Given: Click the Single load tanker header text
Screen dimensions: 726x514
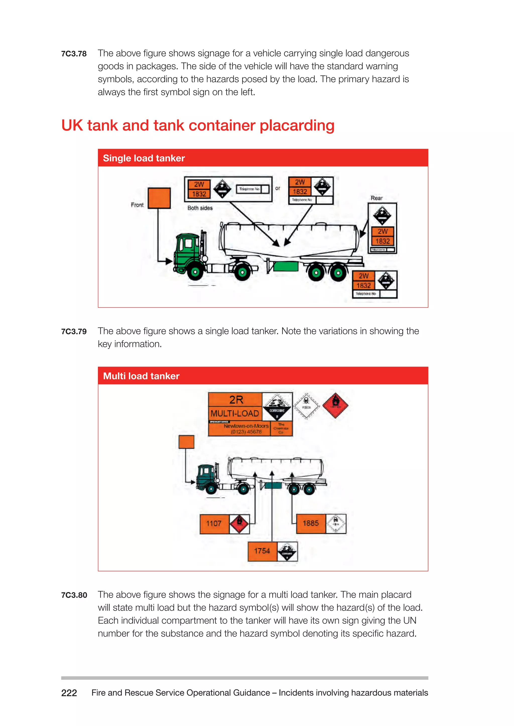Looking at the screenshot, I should coord(144,158).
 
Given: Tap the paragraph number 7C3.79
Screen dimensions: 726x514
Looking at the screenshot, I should coord(74,332).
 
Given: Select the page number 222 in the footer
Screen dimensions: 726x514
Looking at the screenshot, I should coord(69,693).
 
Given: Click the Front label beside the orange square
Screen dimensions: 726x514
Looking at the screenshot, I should coord(137,205).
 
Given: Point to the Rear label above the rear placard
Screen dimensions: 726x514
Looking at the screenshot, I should coord(377,198).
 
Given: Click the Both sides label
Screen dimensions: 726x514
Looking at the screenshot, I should coord(200,208).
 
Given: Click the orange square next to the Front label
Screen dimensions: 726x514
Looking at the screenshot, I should coord(159,198).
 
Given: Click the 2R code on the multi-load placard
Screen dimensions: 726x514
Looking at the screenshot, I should coord(236,400).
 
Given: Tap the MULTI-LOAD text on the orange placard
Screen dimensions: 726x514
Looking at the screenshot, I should coord(234,413).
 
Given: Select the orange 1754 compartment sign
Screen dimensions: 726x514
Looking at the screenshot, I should coord(262,551).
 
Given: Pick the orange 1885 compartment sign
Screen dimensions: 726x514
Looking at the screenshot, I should coord(310,523).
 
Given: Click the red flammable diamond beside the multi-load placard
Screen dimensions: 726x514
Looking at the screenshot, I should coord(335,406).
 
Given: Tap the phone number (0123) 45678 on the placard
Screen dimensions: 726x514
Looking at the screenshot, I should coord(246,432).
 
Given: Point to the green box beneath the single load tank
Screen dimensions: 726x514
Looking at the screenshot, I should coord(285,266).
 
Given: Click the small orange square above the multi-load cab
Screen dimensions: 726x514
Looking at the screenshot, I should coord(186,442).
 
